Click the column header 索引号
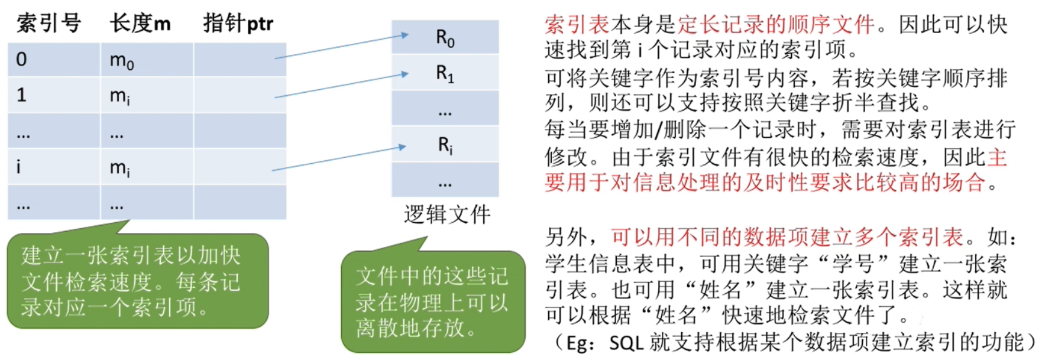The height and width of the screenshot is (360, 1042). pyautogui.click(x=48, y=24)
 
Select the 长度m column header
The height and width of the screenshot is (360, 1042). pyautogui.click(x=140, y=24)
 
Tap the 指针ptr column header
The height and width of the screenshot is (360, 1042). pyautogui.click(x=238, y=24)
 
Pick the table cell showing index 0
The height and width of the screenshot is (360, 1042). pyautogui.click(x=53, y=59)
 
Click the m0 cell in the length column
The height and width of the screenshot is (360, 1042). pyautogui.click(x=147, y=60)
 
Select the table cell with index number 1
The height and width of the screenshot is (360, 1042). pyautogui.click(x=53, y=95)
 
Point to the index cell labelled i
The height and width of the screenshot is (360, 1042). pyautogui.click(x=53, y=167)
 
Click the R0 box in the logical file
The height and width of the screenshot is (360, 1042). pyautogui.click(x=445, y=38)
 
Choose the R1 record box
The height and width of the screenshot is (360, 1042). pyautogui.click(x=445, y=73)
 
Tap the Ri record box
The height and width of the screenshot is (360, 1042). pyautogui.click(x=445, y=145)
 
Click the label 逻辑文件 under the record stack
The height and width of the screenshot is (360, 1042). pyautogui.click(x=447, y=215)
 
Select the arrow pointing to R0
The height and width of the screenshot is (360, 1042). pyautogui.click(x=341, y=46)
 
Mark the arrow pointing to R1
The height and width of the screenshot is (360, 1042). pyautogui.click(x=341, y=85)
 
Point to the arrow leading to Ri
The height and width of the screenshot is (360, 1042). pyautogui.click(x=339, y=158)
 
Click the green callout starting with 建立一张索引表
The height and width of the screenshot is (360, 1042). pyautogui.click(x=137, y=281)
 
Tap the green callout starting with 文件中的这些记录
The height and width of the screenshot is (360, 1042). pyautogui.click(x=433, y=301)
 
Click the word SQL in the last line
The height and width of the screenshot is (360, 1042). pyautogui.click(x=626, y=343)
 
